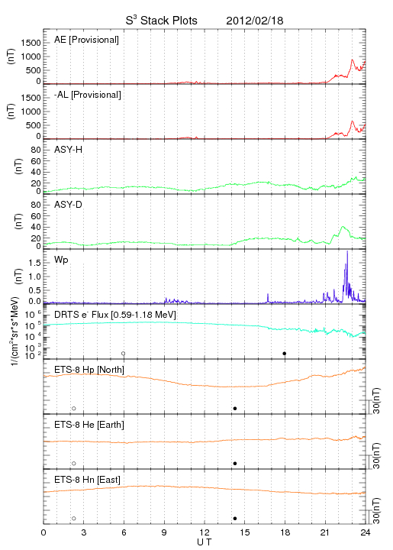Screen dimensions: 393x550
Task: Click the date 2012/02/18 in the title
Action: point(254,21)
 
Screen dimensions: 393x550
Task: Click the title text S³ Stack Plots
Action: point(162,21)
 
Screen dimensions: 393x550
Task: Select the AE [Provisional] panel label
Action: point(86,40)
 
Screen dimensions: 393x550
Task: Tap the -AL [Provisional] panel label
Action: point(88,95)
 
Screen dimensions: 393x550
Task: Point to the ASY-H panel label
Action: point(69,150)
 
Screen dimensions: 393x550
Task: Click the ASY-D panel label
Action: point(69,205)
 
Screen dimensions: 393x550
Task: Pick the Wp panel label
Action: point(61,260)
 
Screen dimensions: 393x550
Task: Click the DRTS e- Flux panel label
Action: point(115,315)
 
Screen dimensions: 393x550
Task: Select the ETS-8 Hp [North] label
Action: point(89,370)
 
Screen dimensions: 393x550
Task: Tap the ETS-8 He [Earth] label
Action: point(89,425)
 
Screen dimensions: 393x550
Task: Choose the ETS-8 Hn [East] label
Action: point(87,480)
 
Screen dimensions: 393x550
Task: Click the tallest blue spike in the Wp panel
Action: point(347,251)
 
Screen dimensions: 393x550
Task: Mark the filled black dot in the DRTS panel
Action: point(285,354)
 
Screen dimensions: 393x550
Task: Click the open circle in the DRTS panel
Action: point(124,354)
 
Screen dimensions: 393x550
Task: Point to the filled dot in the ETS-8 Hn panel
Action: point(235,519)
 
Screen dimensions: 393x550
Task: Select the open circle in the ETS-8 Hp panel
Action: point(74,409)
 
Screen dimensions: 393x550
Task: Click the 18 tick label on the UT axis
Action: point(285,532)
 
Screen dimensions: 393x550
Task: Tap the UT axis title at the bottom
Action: point(205,542)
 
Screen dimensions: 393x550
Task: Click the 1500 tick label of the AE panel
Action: point(31,43)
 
